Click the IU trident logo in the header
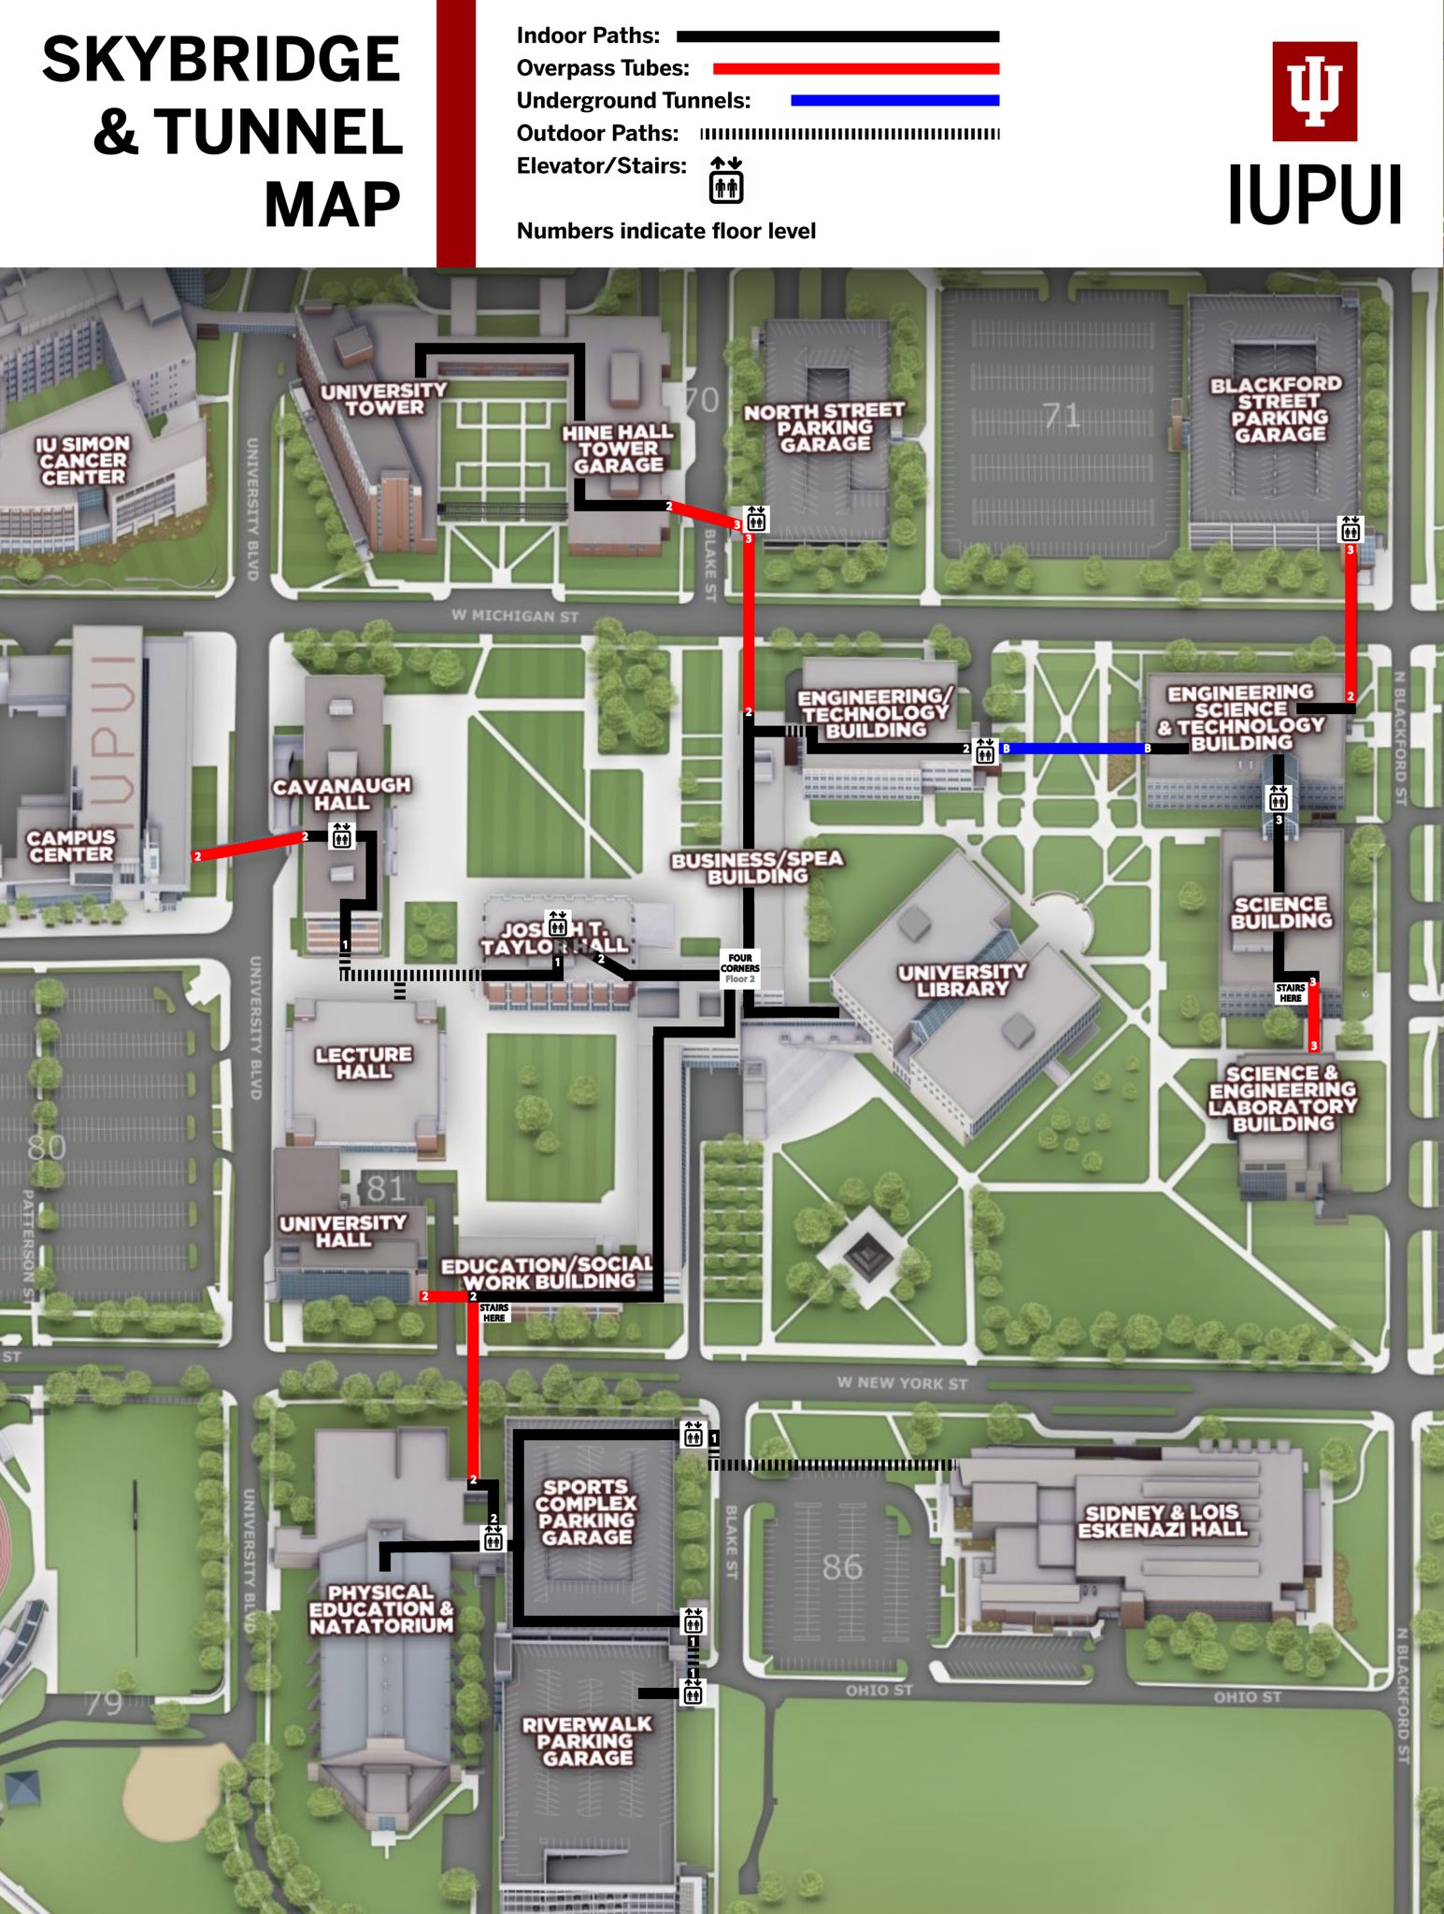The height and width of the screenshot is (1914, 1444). pyautogui.click(x=1314, y=92)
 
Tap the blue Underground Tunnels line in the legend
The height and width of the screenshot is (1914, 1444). pyautogui.click(x=894, y=100)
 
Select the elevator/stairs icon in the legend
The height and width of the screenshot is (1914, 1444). pyautogui.click(x=725, y=179)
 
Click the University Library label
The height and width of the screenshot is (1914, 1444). pyautogui.click(x=962, y=980)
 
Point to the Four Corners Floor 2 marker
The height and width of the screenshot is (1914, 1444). pyautogui.click(x=739, y=967)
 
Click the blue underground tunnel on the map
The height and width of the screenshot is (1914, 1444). pyautogui.click(x=1075, y=749)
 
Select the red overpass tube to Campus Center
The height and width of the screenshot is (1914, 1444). pyautogui.click(x=250, y=846)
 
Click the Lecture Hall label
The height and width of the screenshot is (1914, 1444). pyautogui.click(x=364, y=1063)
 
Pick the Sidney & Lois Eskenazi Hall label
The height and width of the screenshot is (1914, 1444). pyautogui.click(x=1162, y=1521)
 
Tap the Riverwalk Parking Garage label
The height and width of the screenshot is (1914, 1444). pyautogui.click(x=587, y=1740)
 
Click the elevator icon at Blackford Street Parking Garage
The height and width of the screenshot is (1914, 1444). pyautogui.click(x=1350, y=530)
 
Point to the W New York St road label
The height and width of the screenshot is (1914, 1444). pyautogui.click(x=902, y=1382)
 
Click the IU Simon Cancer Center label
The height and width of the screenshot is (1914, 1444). pyautogui.click(x=82, y=460)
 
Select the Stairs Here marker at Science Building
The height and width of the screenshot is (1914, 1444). pyautogui.click(x=1291, y=993)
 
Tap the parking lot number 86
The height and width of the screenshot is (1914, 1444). pyautogui.click(x=842, y=1566)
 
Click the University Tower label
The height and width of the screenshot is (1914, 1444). pyautogui.click(x=384, y=399)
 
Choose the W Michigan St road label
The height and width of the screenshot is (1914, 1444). pyautogui.click(x=515, y=615)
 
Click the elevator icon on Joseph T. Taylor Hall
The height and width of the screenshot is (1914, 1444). pyautogui.click(x=558, y=924)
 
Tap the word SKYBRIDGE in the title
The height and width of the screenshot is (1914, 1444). pyautogui.click(x=222, y=60)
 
